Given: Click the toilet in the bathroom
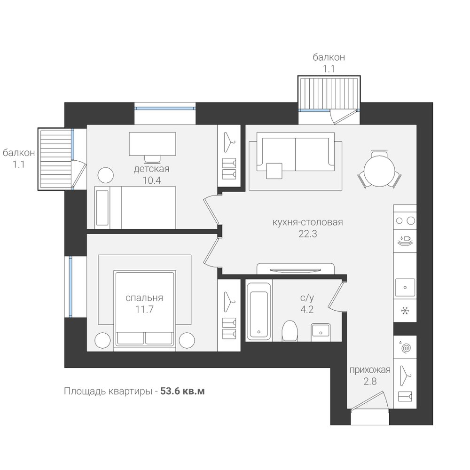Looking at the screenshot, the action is click(290, 330).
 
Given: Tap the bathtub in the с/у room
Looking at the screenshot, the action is click(258, 311).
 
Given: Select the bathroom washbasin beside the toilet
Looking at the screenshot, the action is click(321, 332).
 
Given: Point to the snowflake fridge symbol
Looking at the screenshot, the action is click(405, 311).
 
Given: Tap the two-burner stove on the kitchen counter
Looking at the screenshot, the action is click(405, 221).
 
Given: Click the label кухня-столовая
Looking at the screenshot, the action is click(307, 222).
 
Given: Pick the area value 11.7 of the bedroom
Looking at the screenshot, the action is click(144, 309).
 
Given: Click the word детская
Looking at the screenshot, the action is click(151, 169).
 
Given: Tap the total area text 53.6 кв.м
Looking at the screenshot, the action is click(182, 391).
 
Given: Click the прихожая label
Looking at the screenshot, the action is click(370, 370).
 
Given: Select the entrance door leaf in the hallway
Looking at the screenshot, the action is click(367, 400).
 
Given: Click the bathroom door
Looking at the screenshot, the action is click(336, 295).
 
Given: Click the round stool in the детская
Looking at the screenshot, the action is click(105, 175).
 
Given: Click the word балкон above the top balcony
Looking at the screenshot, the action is click(329, 57).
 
